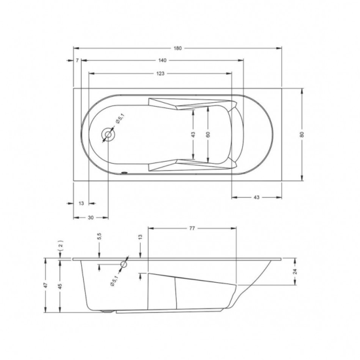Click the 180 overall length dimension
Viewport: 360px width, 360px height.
pyautogui.click(x=177, y=48)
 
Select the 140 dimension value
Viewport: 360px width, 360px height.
pyautogui.click(x=162, y=60)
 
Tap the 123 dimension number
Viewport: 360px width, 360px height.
pyautogui.click(x=160, y=73)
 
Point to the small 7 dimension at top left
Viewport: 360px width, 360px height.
pyautogui.click(x=77, y=60)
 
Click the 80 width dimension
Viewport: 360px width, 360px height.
pyautogui.click(x=302, y=134)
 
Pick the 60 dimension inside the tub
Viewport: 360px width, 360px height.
pyautogui.click(x=209, y=134)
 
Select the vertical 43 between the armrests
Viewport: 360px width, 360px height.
pyautogui.click(x=194, y=134)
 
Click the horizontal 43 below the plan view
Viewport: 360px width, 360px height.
pyautogui.click(x=257, y=197)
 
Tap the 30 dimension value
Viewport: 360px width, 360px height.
pyautogui.click(x=90, y=217)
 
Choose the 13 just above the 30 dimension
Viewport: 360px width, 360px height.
pyautogui.click(x=81, y=204)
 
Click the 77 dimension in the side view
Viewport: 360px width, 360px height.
pyautogui.click(x=192, y=228)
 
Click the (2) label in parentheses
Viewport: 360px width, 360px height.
pyautogui.click(x=61, y=245)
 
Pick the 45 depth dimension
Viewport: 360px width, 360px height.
pyautogui.click(x=61, y=285)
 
